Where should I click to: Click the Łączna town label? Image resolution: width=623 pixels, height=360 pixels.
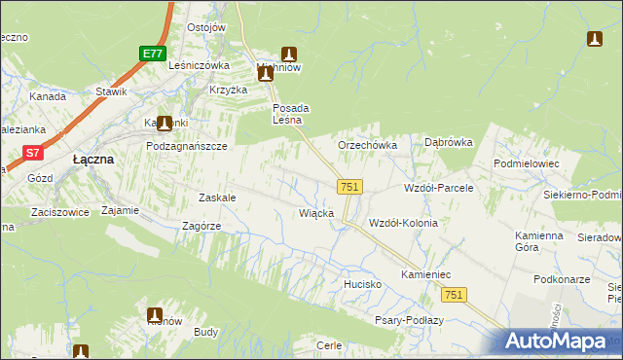point(94,159)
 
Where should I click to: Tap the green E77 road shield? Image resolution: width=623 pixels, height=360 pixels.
point(150,54)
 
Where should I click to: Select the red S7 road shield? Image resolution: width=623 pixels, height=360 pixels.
point(33,152)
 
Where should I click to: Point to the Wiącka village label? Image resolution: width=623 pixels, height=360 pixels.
point(316,212)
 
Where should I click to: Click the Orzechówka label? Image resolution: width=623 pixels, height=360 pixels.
point(367,145)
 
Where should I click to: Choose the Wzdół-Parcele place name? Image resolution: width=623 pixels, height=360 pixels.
point(438,187)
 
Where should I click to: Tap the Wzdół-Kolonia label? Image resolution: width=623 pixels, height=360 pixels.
point(403,223)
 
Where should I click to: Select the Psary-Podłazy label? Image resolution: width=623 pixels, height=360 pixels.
point(409,320)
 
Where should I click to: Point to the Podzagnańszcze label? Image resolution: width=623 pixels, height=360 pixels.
point(186,145)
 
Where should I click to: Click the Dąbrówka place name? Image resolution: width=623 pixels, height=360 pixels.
point(449,142)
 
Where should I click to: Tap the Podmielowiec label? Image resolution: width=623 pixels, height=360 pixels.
point(527,163)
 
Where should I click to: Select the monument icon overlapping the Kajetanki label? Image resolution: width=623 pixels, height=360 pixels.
point(165,124)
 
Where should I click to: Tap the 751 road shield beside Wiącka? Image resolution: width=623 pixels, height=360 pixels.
point(351,187)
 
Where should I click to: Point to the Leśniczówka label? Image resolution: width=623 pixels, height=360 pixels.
point(199,65)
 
